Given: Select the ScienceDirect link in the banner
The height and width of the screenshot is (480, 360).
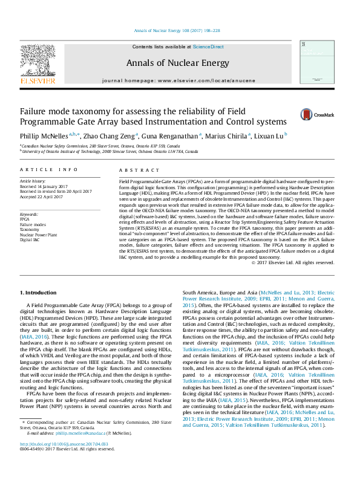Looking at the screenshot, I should tap(208, 47).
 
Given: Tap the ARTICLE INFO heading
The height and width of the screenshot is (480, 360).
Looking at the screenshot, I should tap(49, 170).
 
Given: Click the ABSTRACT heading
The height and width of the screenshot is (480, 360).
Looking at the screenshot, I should tap(134, 170).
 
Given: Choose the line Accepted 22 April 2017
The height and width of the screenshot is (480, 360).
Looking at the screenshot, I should tap(46, 196).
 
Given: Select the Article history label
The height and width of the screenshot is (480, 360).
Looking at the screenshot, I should tap(33, 181).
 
